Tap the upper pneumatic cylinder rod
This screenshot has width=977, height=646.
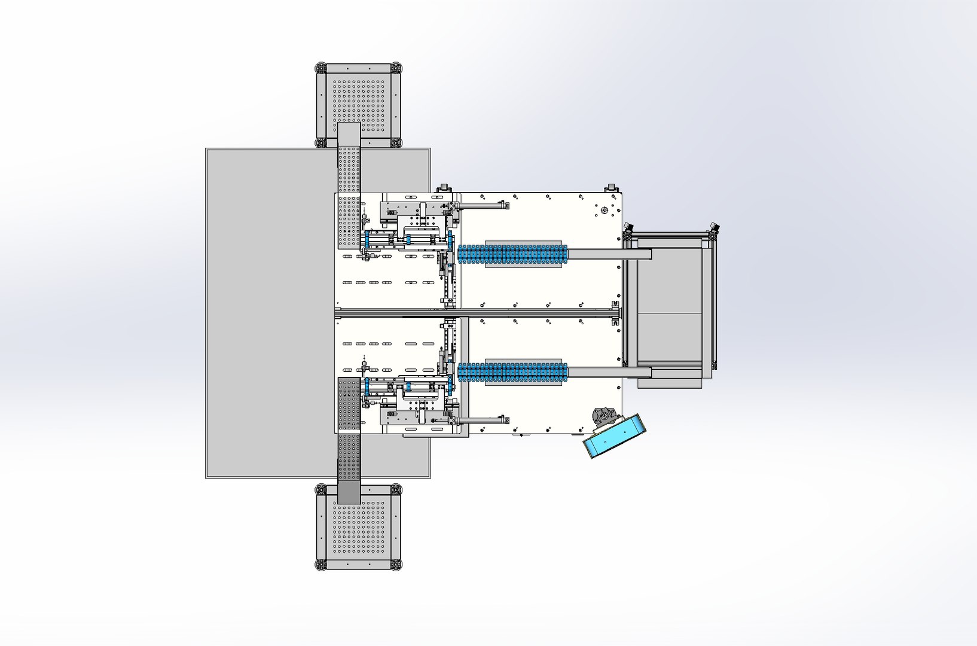tap(481, 206)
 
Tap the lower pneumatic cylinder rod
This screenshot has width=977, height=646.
tap(481, 420)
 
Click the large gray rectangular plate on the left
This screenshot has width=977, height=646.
tap(269, 311)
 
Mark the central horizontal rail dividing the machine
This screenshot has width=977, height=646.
tap(478, 313)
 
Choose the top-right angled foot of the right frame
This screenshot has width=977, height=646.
tap(714, 229)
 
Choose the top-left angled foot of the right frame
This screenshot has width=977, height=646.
tap(628, 229)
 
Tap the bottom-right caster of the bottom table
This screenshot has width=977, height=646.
tap(395, 563)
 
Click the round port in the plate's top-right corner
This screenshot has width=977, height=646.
tap(604, 210)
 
